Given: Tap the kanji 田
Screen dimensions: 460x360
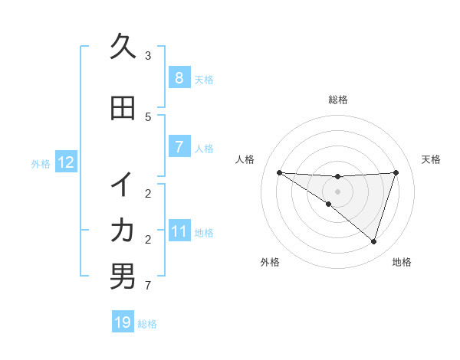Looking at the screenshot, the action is [x=123, y=109].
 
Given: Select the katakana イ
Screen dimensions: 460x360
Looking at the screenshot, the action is [x=123, y=185].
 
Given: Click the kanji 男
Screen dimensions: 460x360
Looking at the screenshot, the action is [x=123, y=277].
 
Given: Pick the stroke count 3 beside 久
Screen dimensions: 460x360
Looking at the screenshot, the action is [x=148, y=56].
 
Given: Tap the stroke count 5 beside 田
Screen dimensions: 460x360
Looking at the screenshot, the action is [x=148, y=117].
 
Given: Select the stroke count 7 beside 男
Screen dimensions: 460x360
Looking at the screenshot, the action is [x=148, y=286].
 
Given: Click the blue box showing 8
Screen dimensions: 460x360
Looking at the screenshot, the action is [x=179, y=78].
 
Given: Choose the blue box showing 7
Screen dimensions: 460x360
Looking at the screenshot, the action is [x=179, y=147].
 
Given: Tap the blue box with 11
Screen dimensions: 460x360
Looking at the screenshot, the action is [x=179, y=231].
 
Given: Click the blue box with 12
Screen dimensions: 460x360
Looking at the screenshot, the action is [x=65, y=162].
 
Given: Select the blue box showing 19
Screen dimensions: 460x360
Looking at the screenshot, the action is [x=123, y=322].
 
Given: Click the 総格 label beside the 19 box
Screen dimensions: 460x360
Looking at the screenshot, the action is [x=148, y=324].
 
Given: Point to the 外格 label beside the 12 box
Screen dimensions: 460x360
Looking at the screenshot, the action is [x=41, y=163].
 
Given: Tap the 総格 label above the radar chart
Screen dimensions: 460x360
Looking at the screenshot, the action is [x=337, y=100].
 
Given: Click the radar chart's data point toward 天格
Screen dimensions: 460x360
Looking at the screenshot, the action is [x=396, y=172].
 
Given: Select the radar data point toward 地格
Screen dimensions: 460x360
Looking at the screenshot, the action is [x=373, y=241].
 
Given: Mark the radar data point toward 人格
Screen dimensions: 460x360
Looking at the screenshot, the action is [x=279, y=172].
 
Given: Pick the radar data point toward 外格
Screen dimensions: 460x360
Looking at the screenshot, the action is [x=328, y=205].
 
